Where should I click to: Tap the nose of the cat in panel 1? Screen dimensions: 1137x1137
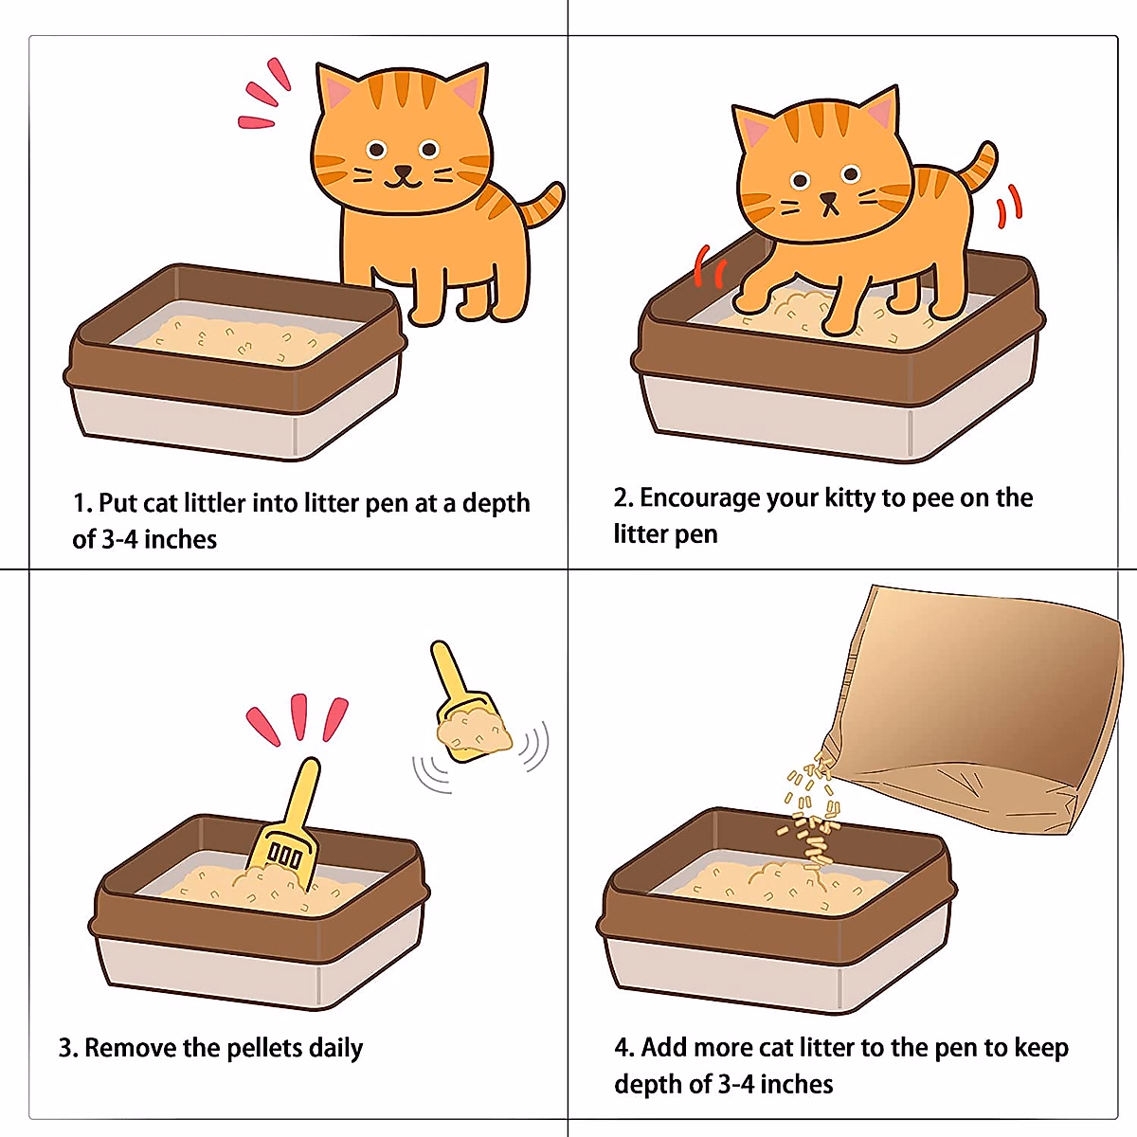click(x=404, y=172)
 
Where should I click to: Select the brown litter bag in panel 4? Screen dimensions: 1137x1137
click(x=985, y=701)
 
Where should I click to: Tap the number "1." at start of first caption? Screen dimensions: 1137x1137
click(x=81, y=503)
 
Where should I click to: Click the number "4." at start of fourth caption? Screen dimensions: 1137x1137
click(x=624, y=1048)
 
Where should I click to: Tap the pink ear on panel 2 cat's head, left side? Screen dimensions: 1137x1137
click(x=755, y=130)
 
